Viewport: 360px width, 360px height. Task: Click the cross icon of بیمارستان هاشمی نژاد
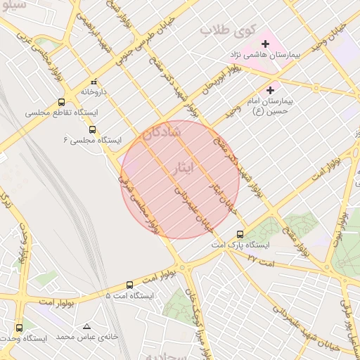[265, 44]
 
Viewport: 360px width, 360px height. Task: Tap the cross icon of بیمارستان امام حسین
[271, 90]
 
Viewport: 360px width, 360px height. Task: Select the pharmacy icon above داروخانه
[94, 82]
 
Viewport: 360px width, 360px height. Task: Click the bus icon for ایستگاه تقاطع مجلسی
[63, 102]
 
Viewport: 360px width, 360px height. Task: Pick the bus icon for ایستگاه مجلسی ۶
[92, 129]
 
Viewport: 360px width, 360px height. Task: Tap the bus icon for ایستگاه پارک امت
[240, 234]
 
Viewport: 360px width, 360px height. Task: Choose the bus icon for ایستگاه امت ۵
[129, 285]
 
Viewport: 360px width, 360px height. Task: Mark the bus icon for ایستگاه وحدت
[19, 328]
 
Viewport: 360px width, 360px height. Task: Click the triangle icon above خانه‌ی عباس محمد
[87, 327]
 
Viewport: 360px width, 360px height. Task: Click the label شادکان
[162, 131]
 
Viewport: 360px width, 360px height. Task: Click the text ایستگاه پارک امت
[241, 245]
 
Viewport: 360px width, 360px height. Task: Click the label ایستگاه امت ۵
[129, 296]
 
